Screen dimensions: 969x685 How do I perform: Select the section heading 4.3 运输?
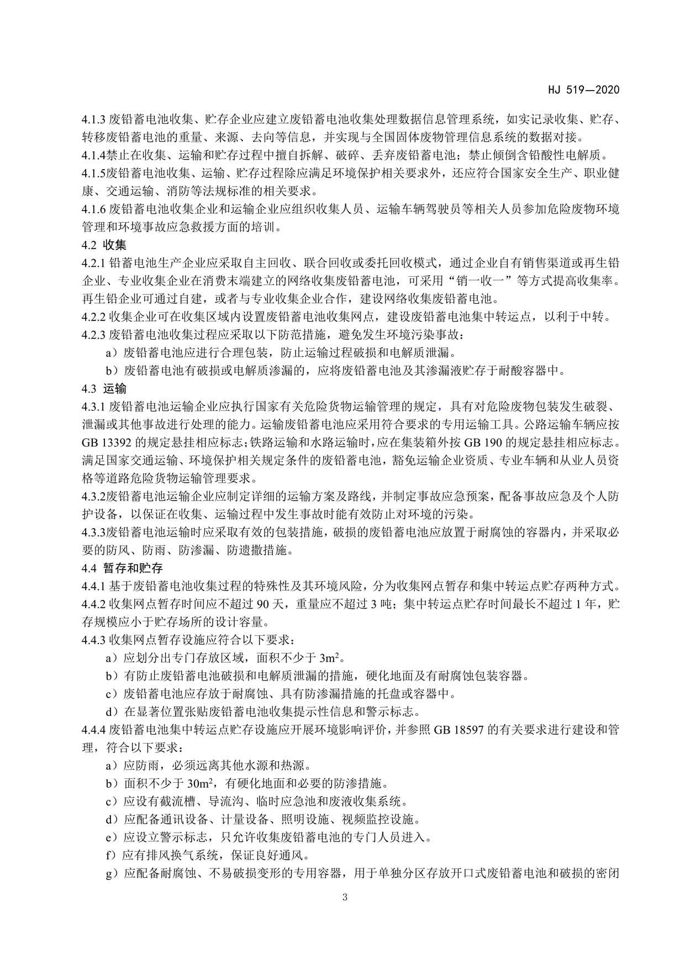104,389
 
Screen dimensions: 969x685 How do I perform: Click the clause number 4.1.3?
93,119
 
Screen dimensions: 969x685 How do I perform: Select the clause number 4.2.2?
93,317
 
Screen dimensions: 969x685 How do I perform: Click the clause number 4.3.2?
93,497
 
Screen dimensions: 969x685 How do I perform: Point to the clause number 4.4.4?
93,730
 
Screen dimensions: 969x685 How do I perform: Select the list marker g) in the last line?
112,873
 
